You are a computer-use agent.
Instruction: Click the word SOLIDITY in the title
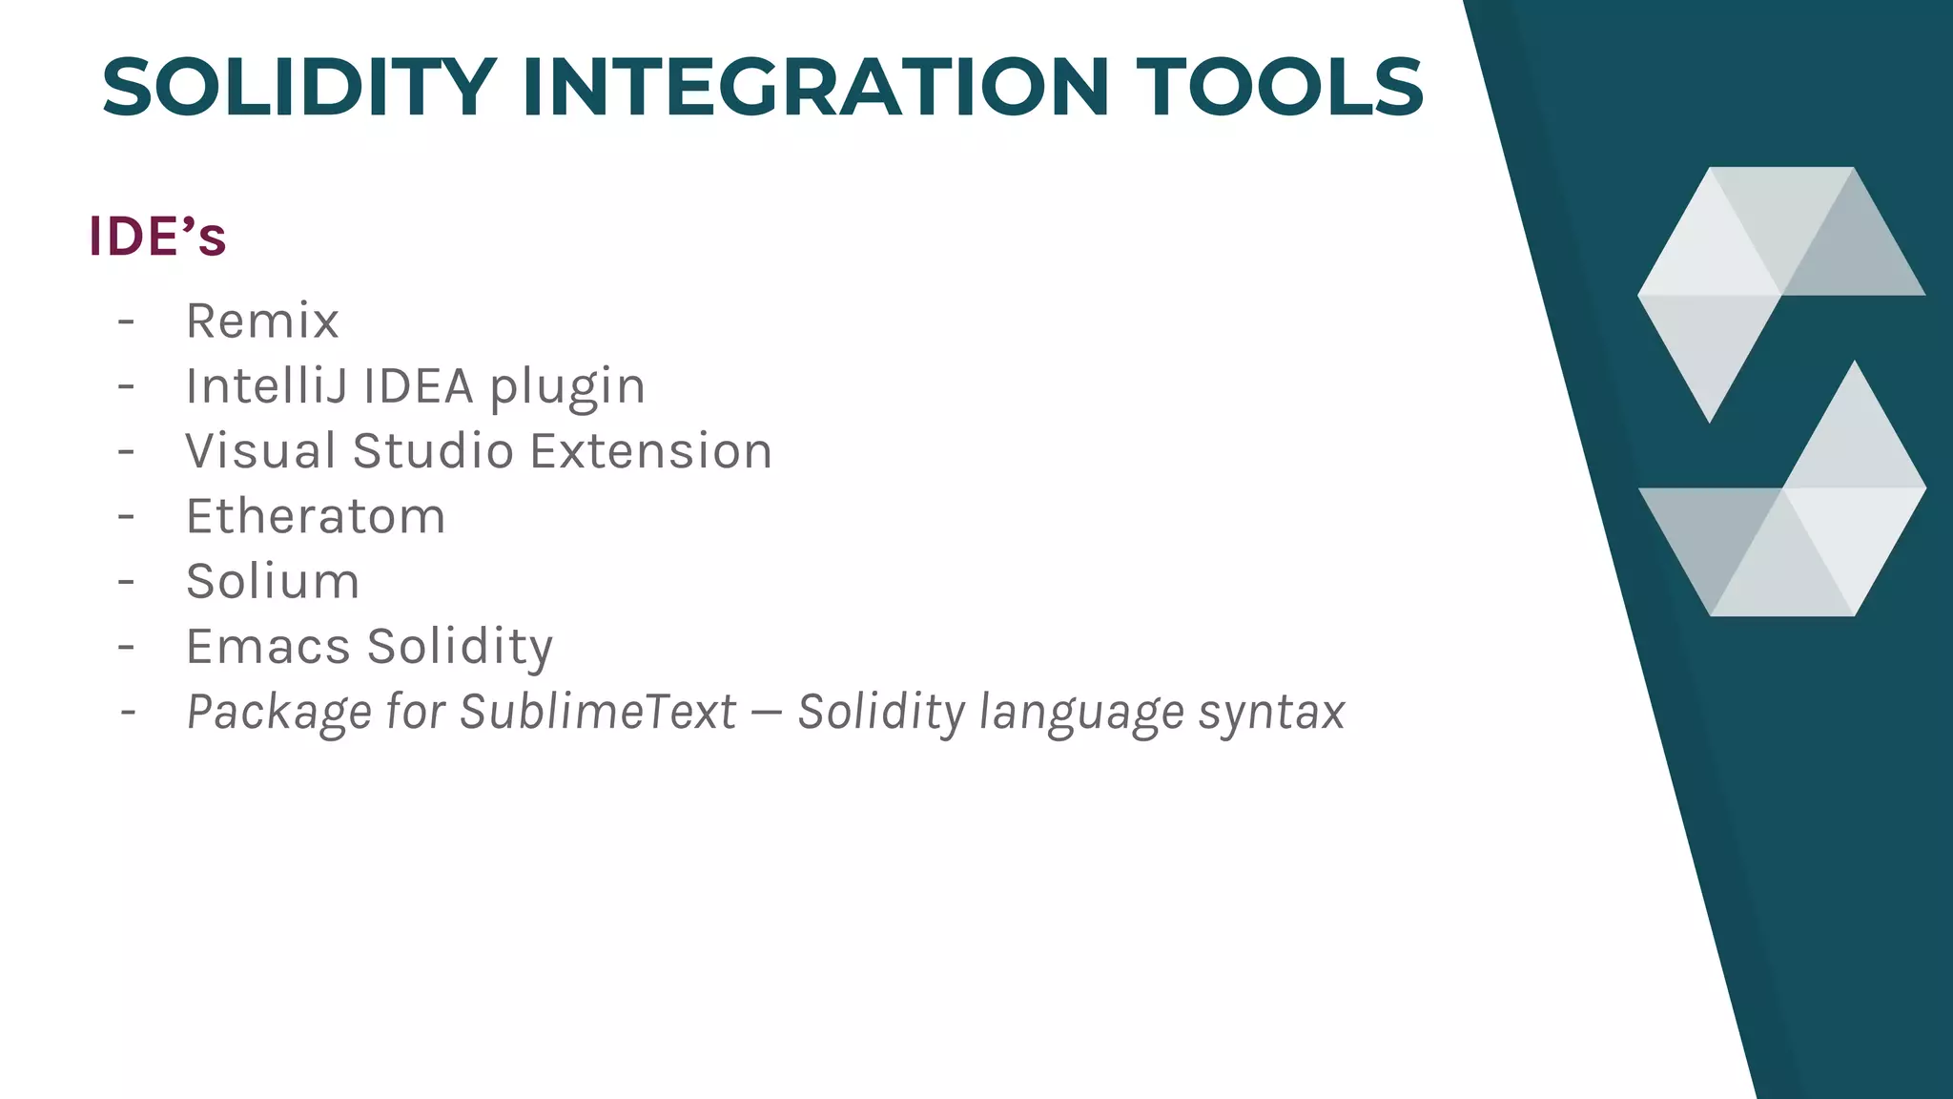(298, 88)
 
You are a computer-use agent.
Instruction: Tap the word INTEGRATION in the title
(815, 88)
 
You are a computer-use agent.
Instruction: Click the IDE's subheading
(157, 237)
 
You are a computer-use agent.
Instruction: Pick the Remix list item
(262, 321)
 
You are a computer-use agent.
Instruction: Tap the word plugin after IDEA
(567, 387)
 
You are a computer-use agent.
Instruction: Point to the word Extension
(651, 450)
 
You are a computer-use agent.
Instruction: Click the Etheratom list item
(316, 516)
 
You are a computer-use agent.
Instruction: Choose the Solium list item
(273, 581)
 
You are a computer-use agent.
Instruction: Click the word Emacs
(269, 646)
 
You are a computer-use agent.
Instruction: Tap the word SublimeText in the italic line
(598, 712)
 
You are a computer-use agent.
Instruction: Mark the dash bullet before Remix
(126, 321)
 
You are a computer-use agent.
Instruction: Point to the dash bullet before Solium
(126, 581)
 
